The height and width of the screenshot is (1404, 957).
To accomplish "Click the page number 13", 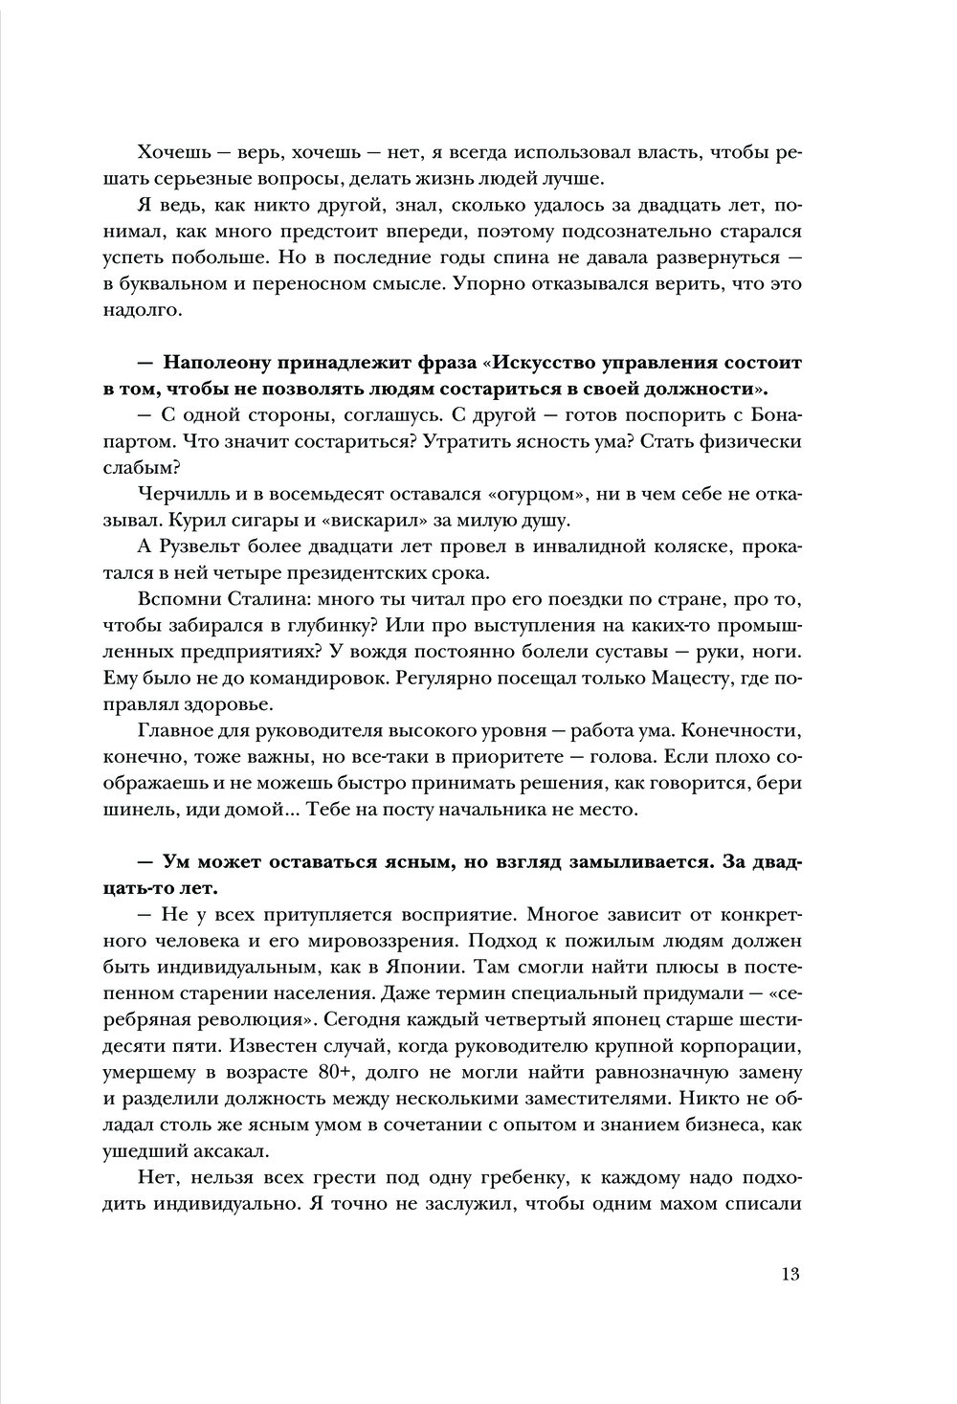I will (x=790, y=1274).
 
